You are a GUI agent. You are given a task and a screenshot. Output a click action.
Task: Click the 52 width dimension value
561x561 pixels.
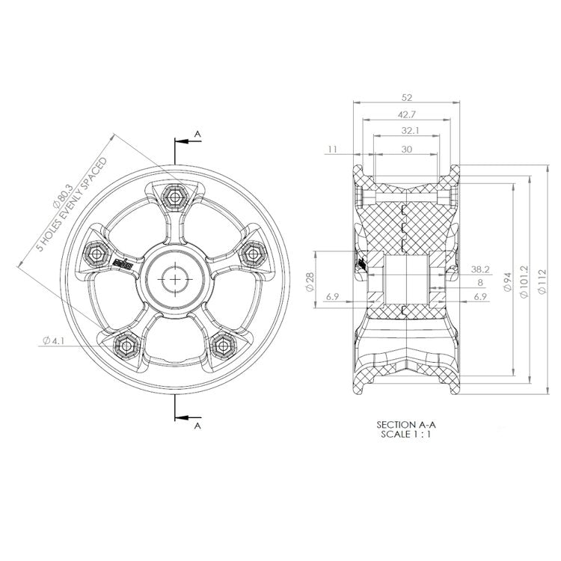pos(407,97)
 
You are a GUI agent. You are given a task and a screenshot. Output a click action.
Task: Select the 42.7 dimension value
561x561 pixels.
pos(407,114)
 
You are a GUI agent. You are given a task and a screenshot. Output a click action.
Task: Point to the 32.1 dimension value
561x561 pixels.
pos(410,131)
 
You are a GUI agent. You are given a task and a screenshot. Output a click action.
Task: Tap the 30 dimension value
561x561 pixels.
pos(407,149)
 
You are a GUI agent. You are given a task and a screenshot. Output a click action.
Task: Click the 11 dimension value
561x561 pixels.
pos(333,149)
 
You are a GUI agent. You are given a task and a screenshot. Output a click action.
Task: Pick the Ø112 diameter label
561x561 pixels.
pos(542,281)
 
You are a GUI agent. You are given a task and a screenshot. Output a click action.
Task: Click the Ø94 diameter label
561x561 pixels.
pos(508,281)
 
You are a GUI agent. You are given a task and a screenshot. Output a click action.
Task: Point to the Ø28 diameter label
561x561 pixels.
pos(310,282)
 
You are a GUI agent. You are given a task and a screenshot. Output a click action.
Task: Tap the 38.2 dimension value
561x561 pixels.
pos(480,269)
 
